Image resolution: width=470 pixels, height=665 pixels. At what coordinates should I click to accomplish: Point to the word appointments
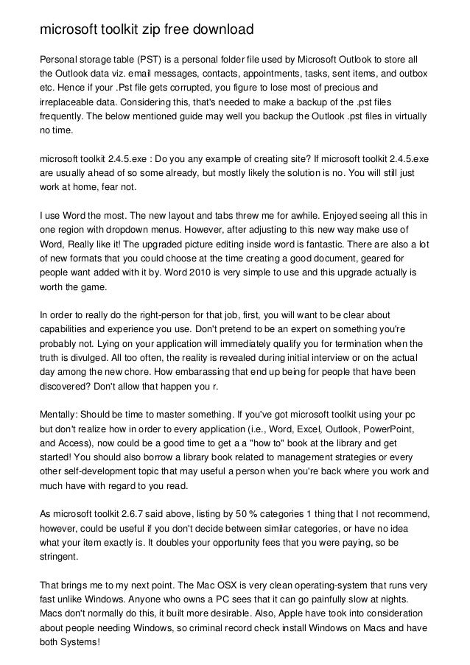(236, 74)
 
